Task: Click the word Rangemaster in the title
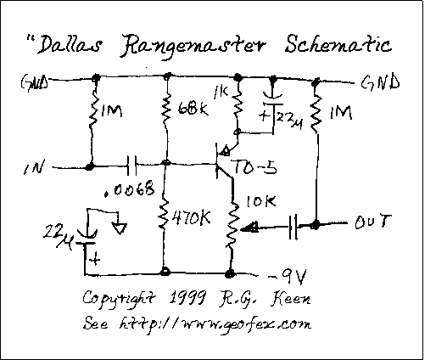point(193,45)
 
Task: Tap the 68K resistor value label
point(193,108)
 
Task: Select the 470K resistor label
point(192,217)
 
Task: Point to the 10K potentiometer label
point(261,201)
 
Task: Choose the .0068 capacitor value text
point(130,189)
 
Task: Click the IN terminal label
point(34,167)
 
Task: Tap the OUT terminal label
point(373,222)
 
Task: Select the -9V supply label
point(287,276)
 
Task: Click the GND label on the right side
point(380,82)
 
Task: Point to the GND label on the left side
point(34,82)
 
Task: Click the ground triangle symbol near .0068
point(119,228)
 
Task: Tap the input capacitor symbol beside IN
point(131,165)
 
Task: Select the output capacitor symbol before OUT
point(293,227)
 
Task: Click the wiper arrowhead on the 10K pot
point(249,227)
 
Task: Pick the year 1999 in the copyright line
point(187,297)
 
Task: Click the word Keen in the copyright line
point(291,299)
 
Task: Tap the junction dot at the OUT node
point(315,225)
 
